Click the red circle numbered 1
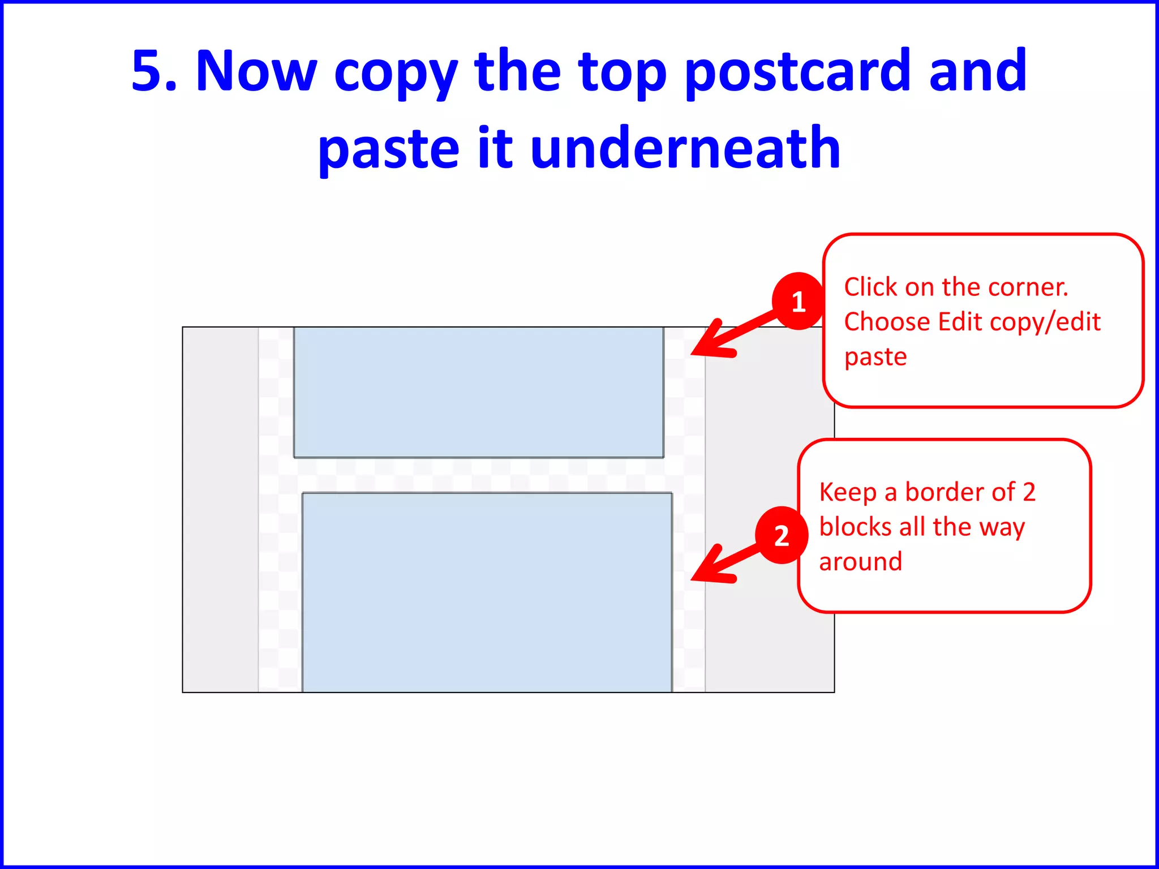tap(798, 302)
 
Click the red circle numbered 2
tap(782, 535)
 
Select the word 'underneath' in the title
tap(685, 148)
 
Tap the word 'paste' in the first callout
tap(875, 358)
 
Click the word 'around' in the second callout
tap(860, 562)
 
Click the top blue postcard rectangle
tap(478, 392)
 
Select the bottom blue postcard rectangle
tap(487, 592)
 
